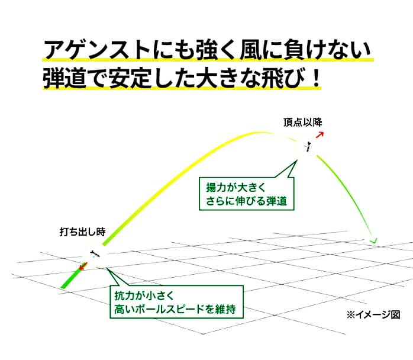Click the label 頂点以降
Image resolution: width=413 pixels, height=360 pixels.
pyautogui.click(x=302, y=123)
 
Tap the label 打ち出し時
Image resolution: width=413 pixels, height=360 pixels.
pyautogui.click(x=82, y=232)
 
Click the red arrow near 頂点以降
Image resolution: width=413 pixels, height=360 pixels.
pyautogui.click(x=320, y=134)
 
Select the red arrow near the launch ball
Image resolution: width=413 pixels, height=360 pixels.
pyautogui.click(x=83, y=266)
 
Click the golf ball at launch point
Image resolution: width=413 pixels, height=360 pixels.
pyautogui.click(x=95, y=255)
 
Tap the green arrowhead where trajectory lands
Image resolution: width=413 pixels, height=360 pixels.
pyautogui.click(x=373, y=240)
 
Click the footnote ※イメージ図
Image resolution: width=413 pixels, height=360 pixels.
pyautogui.click(x=373, y=314)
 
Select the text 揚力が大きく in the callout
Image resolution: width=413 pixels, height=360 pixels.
pyautogui.click(x=236, y=188)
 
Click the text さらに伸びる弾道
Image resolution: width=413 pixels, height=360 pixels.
pyautogui.click(x=246, y=201)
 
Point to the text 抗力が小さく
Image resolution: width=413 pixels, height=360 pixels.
pyautogui.click(x=144, y=295)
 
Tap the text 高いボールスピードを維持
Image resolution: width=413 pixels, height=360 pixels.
pyautogui.click(x=175, y=309)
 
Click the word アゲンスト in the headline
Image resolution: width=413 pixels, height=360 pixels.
pyautogui.click(x=98, y=50)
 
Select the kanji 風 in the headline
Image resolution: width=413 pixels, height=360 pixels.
pyautogui.click(x=249, y=50)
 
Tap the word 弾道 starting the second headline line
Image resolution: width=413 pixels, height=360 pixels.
pyautogui.click(x=64, y=78)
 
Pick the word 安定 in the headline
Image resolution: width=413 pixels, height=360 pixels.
pyautogui.click(x=130, y=78)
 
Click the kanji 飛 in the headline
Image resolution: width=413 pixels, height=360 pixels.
pyautogui.click(x=272, y=78)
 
